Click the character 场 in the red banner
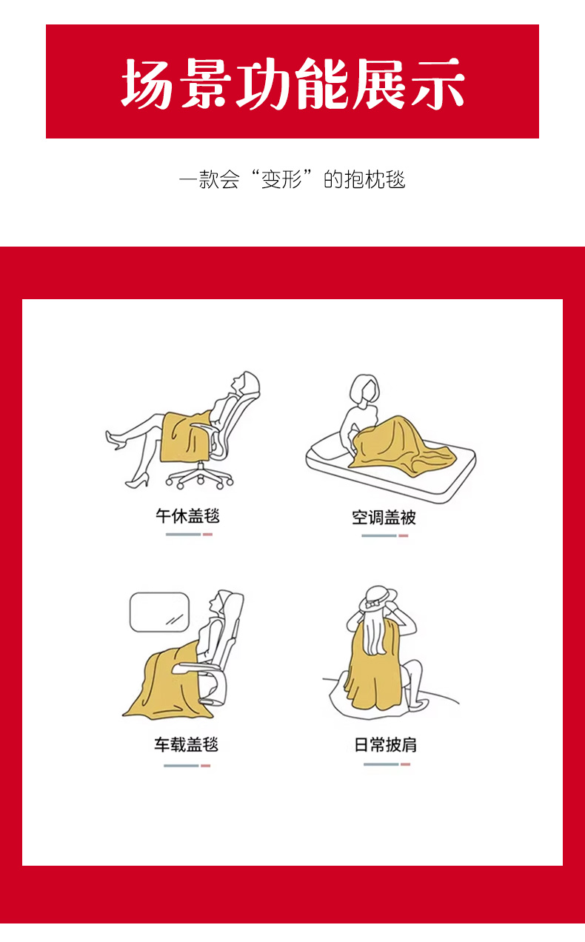(x=147, y=83)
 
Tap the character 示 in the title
(x=438, y=83)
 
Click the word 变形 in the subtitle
(x=281, y=179)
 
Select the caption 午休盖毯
(x=187, y=515)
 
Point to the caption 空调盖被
(x=384, y=517)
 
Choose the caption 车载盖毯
(x=187, y=744)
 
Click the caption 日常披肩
(x=385, y=745)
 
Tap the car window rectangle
(x=159, y=612)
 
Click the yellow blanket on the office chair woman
(x=185, y=436)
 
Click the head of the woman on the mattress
(x=364, y=389)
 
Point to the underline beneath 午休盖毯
(x=189, y=535)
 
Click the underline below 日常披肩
(x=387, y=764)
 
